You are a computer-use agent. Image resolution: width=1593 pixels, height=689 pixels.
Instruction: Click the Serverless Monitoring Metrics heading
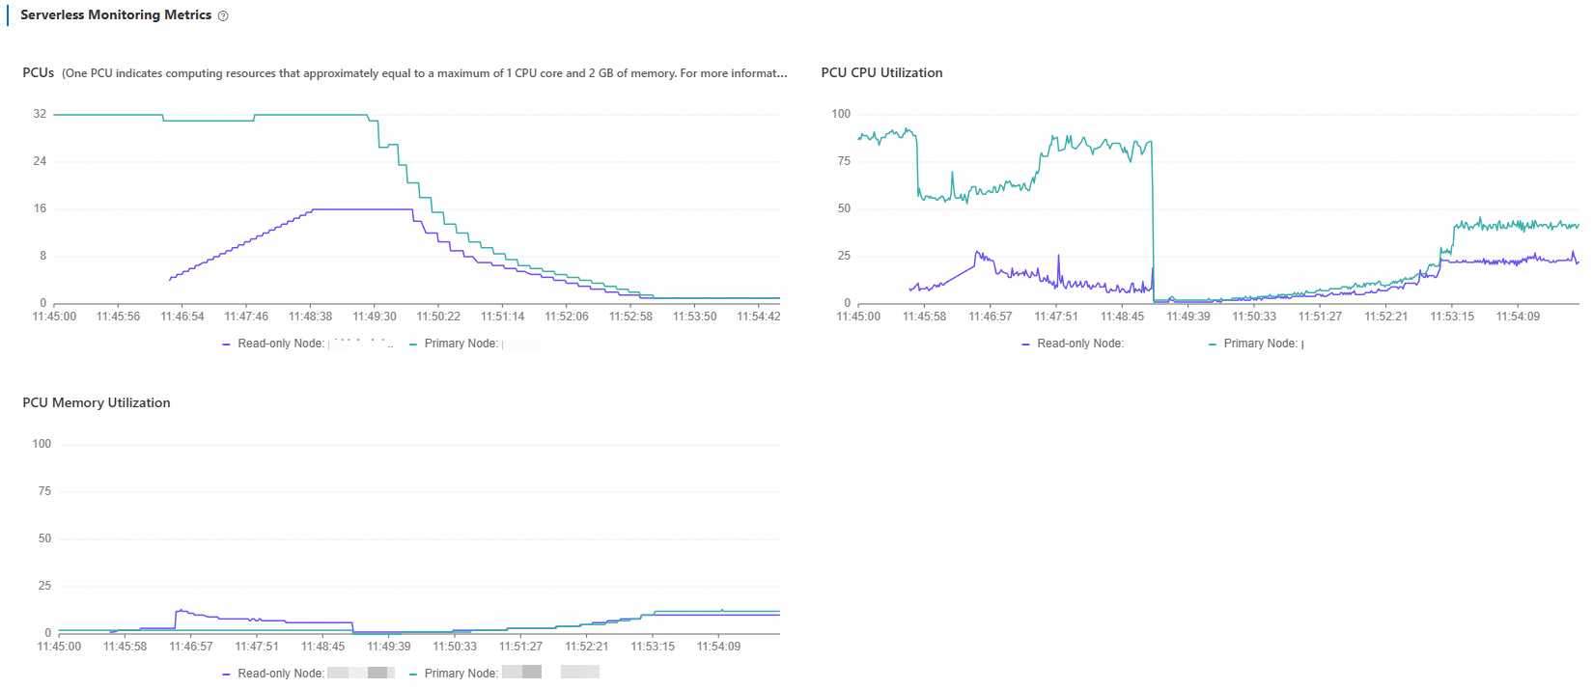coord(116,15)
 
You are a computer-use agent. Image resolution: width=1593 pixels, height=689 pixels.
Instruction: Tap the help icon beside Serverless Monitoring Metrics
coord(223,16)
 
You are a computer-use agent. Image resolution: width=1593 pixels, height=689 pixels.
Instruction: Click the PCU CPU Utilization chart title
coord(881,73)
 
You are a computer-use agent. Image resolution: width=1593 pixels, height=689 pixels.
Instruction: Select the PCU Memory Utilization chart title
coord(97,403)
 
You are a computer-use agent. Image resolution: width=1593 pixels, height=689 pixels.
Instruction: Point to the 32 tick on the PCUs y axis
coord(40,114)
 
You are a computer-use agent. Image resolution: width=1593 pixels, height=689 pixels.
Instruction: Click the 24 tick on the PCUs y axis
coord(40,161)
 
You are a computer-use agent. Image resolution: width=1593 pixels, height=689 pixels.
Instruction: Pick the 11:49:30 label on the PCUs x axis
coord(375,317)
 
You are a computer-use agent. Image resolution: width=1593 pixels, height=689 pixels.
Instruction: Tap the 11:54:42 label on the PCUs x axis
coord(758,317)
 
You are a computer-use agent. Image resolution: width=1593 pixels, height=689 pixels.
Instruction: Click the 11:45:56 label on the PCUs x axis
coord(118,317)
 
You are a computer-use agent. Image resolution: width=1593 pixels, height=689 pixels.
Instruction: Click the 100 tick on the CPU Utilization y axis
coord(841,114)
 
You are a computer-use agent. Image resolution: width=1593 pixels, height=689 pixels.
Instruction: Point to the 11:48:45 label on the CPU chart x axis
coord(1122,317)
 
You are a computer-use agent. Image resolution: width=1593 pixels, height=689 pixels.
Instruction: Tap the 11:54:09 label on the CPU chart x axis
coord(1518,317)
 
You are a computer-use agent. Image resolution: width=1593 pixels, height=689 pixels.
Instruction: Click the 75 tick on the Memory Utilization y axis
coord(44,491)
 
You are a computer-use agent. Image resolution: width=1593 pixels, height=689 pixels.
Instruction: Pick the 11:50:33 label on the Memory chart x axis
coord(455,647)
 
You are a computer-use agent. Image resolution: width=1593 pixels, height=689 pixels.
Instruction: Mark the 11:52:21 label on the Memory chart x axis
coord(587,647)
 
